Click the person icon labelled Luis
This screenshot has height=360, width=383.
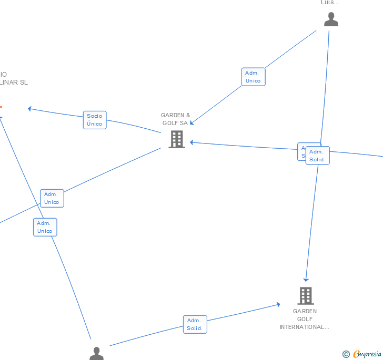pyautogui.click(x=331, y=19)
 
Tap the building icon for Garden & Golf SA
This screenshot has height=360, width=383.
pyautogui.click(x=177, y=139)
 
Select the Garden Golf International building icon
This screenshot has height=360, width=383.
pyautogui.click(x=306, y=296)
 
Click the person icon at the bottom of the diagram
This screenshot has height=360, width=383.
pyautogui.click(x=96, y=354)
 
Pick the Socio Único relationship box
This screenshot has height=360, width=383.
pyautogui.click(x=95, y=120)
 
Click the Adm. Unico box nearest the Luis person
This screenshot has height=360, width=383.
pyautogui.click(x=253, y=77)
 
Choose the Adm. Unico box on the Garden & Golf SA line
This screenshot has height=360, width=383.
pyautogui.click(x=52, y=198)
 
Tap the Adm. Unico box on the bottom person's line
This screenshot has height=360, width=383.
pyautogui.click(x=45, y=227)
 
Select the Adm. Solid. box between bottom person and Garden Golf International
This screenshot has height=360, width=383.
pyautogui.click(x=195, y=324)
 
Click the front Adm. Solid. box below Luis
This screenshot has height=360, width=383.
pyautogui.click(x=317, y=156)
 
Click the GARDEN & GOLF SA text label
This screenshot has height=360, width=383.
pyautogui.click(x=175, y=119)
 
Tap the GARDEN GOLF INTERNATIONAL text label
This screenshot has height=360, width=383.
pyautogui.click(x=305, y=319)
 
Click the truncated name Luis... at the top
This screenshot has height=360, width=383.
pyautogui.click(x=330, y=3)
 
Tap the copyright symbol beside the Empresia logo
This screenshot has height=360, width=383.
pyautogui.click(x=346, y=354)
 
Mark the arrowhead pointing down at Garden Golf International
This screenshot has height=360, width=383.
pyautogui.click(x=306, y=279)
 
